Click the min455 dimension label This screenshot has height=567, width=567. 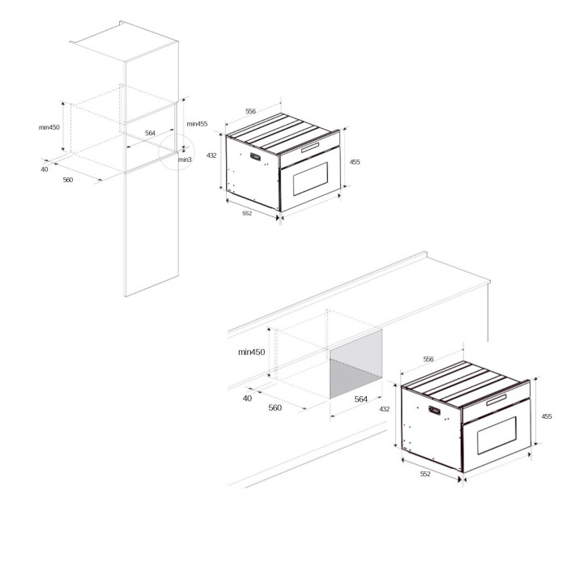[x=196, y=124]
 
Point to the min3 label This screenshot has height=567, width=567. [x=185, y=160]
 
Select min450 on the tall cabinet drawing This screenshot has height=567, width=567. [x=50, y=127]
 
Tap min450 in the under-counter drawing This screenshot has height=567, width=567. [x=252, y=352]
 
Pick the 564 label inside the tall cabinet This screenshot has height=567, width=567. [x=150, y=133]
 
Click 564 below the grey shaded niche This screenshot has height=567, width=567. [x=361, y=399]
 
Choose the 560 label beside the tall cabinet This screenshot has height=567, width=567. [x=68, y=180]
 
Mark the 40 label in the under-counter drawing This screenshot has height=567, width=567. [x=247, y=399]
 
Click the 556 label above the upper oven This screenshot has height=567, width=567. [x=250, y=111]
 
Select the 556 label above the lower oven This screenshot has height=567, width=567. [x=428, y=359]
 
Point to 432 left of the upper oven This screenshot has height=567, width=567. [x=212, y=155]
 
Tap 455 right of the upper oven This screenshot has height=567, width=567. [x=355, y=162]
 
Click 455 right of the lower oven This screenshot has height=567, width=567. [x=547, y=416]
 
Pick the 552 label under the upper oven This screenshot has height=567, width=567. [x=247, y=213]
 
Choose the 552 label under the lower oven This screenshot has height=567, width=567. [x=425, y=474]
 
